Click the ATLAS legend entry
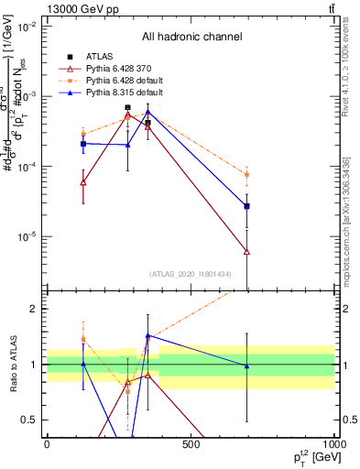coord(105,56)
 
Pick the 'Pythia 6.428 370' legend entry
coord(128,68)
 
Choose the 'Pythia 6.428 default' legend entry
coord(133,81)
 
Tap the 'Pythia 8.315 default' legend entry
coord(133,93)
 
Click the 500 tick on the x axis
coord(190,446)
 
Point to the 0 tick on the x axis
coord(47,446)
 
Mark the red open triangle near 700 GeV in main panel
coord(247,251)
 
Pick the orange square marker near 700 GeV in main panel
coord(247,175)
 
